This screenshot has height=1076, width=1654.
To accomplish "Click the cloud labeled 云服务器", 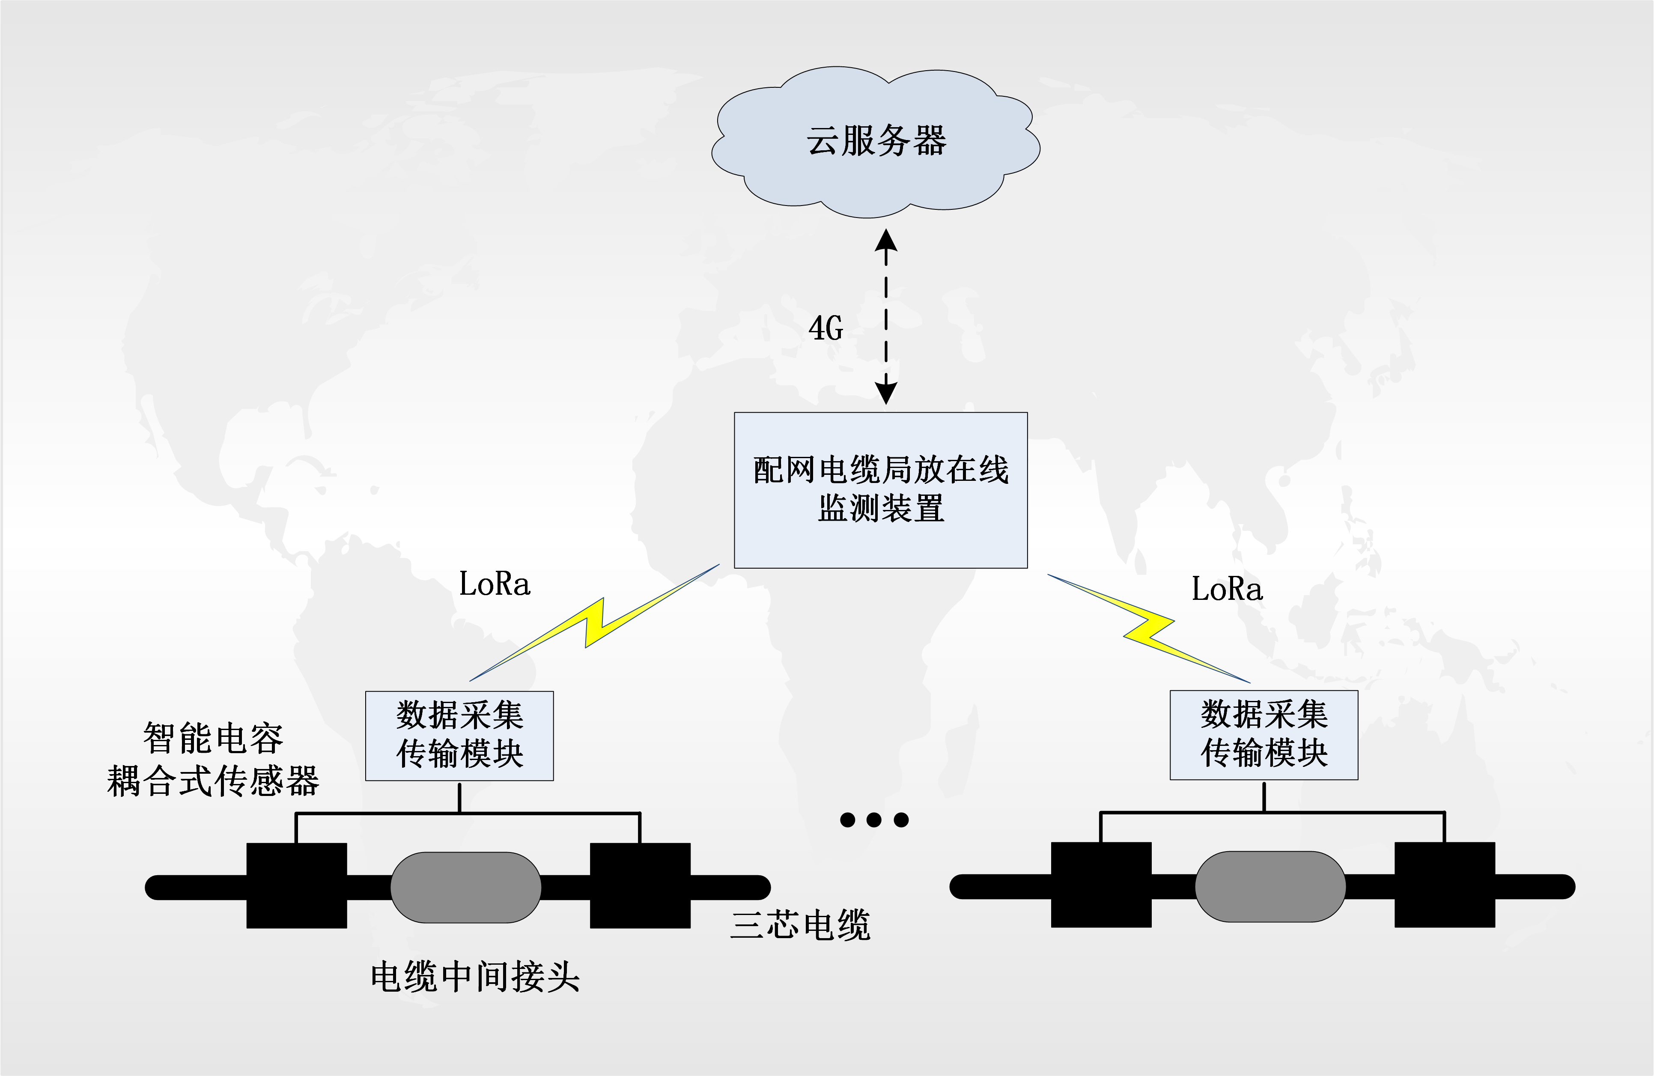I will [x=876, y=141].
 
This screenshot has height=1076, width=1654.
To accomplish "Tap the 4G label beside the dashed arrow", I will [x=826, y=328].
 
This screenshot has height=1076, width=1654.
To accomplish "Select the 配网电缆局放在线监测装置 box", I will [x=880, y=490].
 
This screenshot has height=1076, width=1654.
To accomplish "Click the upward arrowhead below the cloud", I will [x=885, y=241].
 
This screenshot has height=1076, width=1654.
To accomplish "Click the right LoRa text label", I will [x=1227, y=589].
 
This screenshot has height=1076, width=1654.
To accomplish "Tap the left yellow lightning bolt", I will [x=595, y=623].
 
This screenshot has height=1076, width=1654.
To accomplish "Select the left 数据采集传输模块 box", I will [x=459, y=736].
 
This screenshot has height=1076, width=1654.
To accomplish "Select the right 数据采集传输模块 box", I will [x=1264, y=735].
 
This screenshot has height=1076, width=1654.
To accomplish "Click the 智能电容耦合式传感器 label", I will [x=213, y=759].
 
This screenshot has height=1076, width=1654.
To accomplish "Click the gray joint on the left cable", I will [x=465, y=887].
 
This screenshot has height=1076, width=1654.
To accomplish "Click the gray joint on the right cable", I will [x=1270, y=886].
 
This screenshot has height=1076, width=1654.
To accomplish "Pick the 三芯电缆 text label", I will [x=800, y=925].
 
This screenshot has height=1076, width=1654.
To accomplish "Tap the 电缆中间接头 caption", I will [x=475, y=977].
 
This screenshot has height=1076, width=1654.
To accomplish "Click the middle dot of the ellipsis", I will [x=874, y=820].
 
